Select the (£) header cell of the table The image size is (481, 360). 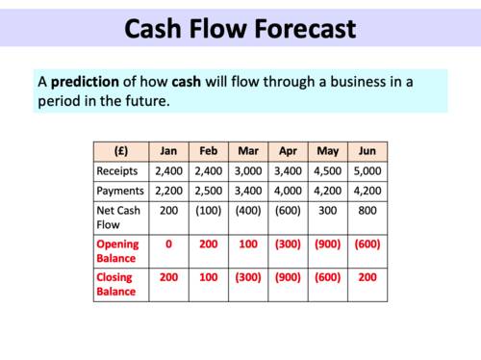(x=121, y=151)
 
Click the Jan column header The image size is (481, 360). (x=168, y=151)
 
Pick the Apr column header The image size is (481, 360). (x=287, y=151)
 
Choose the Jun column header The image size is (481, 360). (x=367, y=151)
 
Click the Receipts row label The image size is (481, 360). (x=117, y=169)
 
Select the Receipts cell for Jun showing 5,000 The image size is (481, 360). (x=367, y=169)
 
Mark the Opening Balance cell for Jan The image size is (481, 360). (x=168, y=244)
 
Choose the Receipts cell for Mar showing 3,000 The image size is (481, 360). (x=247, y=169)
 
